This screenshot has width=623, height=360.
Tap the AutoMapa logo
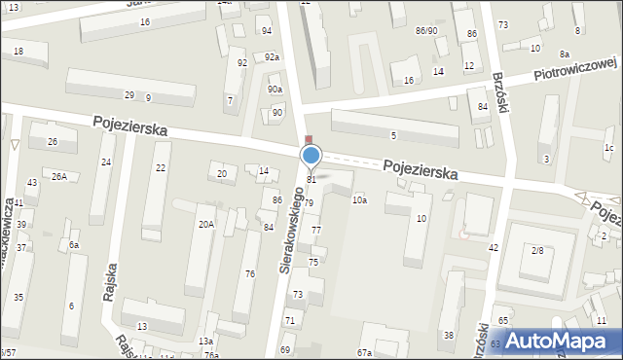tap(559, 341)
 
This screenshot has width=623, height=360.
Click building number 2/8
tap(537, 250)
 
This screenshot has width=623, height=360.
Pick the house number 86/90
tap(426, 31)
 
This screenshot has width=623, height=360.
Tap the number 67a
tap(365, 352)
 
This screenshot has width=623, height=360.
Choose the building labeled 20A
tap(206, 224)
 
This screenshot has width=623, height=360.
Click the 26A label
tap(59, 176)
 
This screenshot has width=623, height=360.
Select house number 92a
tap(273, 57)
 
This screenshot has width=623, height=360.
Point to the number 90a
tap(275, 90)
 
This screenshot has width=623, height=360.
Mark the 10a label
tap(359, 199)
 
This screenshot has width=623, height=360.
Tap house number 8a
tap(565, 54)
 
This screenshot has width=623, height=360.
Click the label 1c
tap(608, 148)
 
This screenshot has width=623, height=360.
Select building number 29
tap(129, 94)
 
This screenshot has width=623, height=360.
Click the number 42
tap(494, 248)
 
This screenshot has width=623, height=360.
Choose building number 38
tap(449, 335)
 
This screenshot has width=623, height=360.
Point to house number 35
tap(18, 297)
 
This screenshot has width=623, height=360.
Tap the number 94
tap(267, 31)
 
